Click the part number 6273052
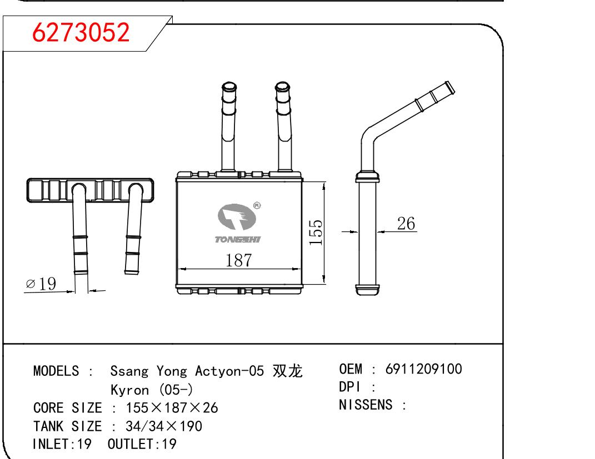pos(81,33)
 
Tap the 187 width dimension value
pos(239,260)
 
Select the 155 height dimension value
pos(315,233)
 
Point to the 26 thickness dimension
pos(406,223)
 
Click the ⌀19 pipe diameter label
pos(41,284)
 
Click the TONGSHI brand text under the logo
pos(237,239)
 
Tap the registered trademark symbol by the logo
pos(257,205)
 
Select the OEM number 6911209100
pos(423,369)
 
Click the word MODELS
pos(56,371)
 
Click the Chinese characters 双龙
pos(288,371)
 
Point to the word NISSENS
pos(365,405)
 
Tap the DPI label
pos(350,387)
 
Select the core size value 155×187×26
pos(172,408)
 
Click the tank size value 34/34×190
pos(164,426)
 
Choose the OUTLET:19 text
pos(142,444)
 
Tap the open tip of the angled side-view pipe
pos(449,87)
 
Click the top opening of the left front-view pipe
pos(228,87)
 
